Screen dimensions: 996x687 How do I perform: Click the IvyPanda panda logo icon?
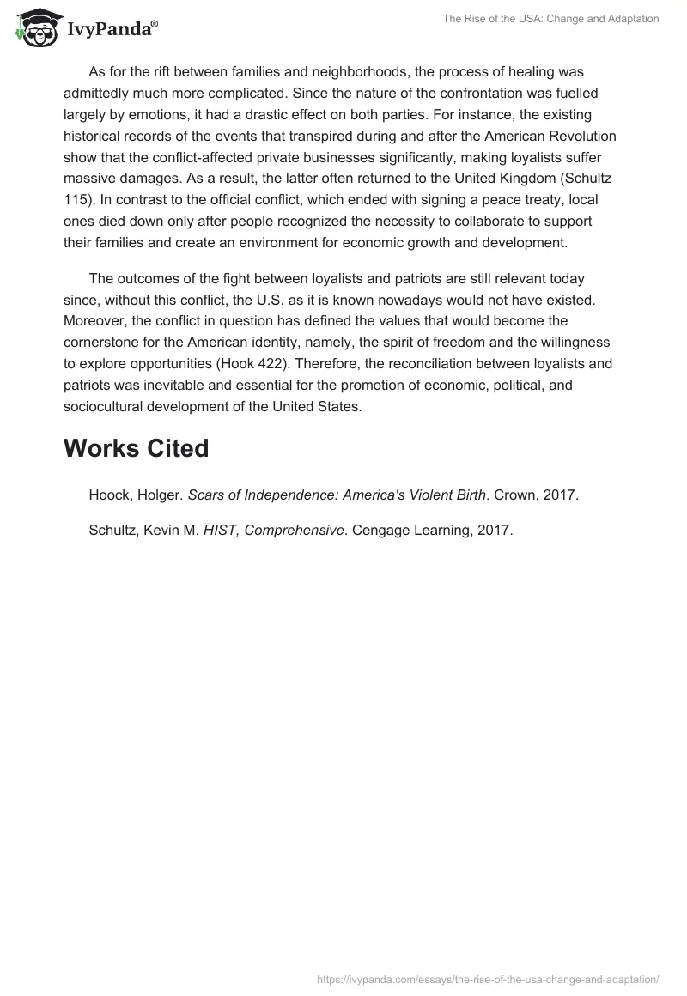click(36, 28)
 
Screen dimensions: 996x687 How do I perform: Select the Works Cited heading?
click(136, 448)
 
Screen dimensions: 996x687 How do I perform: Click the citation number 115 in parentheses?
click(75, 200)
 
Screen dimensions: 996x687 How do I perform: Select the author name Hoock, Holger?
click(135, 495)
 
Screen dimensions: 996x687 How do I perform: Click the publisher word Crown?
click(512, 495)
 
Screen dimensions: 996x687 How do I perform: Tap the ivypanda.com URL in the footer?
click(488, 978)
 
